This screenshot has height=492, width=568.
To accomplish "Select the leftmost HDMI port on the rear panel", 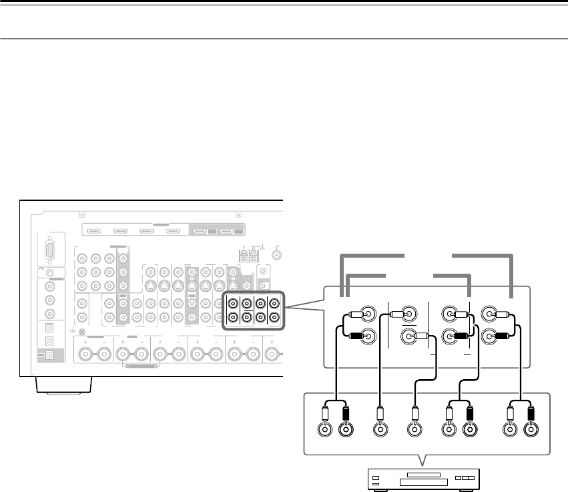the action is point(93,232).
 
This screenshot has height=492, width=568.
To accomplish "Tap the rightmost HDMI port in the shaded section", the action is point(228,232).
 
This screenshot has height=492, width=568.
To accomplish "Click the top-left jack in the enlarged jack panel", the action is point(366,312).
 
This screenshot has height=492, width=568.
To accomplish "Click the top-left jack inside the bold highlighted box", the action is point(233,302).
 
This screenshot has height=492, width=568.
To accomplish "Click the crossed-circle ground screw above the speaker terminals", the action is point(81,332).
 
